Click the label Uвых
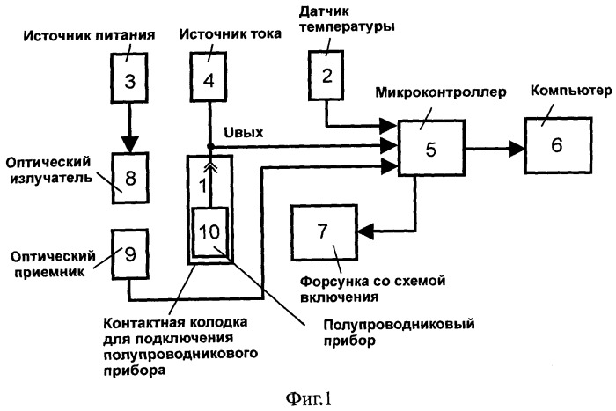tap(244, 132)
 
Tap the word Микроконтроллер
tap(441, 92)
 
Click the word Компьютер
tap(571, 91)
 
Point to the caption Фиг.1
tap(308, 400)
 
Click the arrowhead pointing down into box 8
tap(129, 144)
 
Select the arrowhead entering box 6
tap(517, 150)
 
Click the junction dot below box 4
tap(210, 147)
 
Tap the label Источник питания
tap(89, 36)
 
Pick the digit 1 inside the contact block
tap(202, 186)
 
